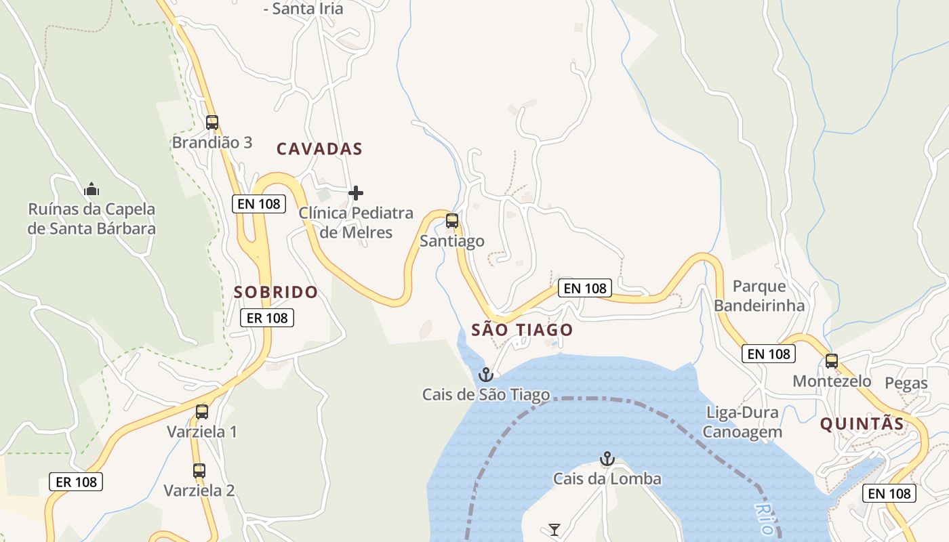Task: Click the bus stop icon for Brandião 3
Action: (x=212, y=123)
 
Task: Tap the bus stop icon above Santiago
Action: (x=452, y=221)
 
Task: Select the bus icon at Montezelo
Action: (x=832, y=361)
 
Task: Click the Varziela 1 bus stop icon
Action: (x=202, y=412)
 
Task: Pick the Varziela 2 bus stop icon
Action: (x=199, y=471)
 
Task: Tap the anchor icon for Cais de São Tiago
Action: (x=485, y=375)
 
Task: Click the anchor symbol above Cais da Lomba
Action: (x=607, y=459)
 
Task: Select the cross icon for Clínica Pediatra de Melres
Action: (x=355, y=194)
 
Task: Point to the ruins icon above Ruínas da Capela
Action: (x=92, y=189)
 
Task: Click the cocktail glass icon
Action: (x=554, y=530)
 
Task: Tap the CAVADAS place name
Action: (x=319, y=149)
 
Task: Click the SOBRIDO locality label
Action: (x=276, y=292)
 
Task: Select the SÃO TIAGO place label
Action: (x=522, y=330)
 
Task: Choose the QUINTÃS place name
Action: (x=862, y=424)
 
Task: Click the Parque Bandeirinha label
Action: (x=759, y=295)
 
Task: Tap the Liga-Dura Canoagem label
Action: (x=742, y=422)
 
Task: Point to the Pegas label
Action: (x=906, y=383)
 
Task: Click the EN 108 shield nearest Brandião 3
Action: (x=259, y=204)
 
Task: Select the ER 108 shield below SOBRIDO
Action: (x=267, y=318)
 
